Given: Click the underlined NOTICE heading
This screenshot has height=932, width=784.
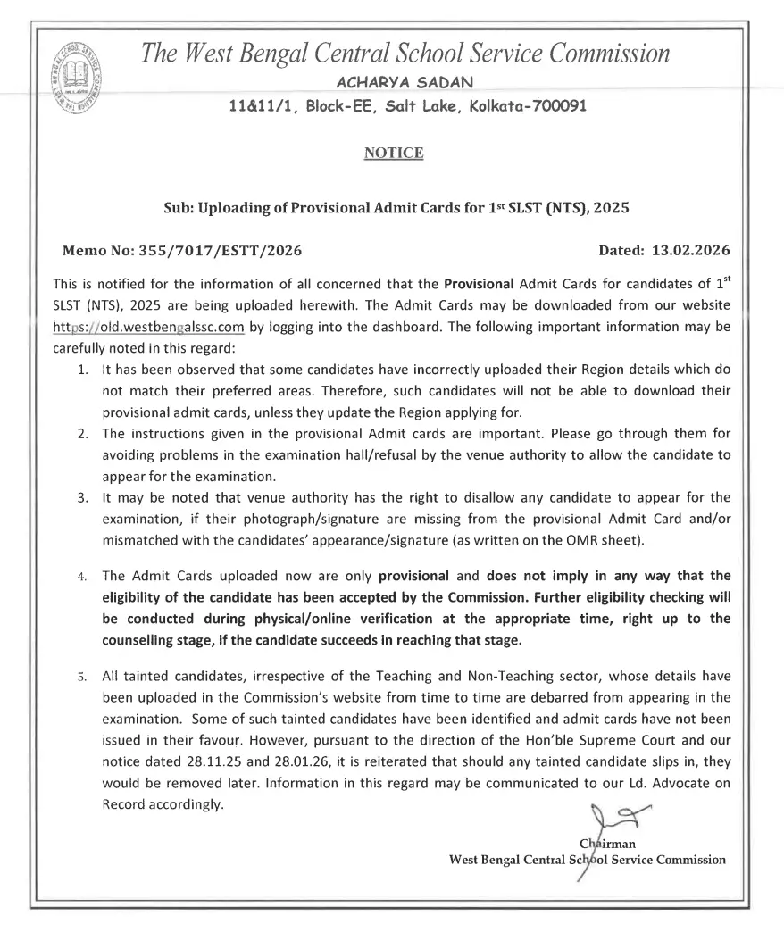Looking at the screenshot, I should tap(393, 154).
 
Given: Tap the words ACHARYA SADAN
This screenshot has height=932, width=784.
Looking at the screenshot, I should tap(393, 82).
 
